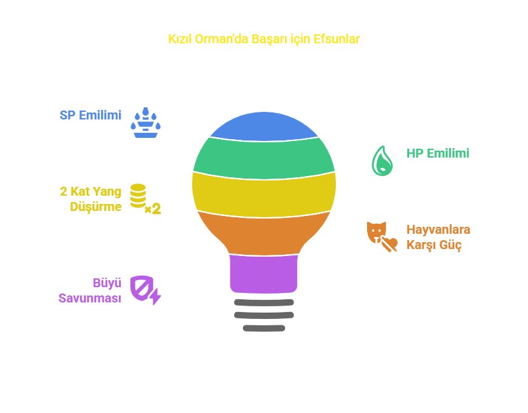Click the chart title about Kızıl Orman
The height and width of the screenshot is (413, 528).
(264, 39)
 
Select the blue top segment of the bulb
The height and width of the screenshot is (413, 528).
(264, 127)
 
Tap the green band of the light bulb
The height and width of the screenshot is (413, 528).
(264, 158)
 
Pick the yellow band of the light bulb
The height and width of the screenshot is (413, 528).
(264, 195)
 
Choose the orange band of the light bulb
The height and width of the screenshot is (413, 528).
(264, 234)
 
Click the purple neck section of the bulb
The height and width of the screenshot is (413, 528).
(263, 274)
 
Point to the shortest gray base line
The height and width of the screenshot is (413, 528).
(264, 328)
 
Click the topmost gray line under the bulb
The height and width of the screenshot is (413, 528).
(264, 302)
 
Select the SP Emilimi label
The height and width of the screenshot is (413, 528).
(90, 116)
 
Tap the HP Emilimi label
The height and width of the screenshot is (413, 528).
(438, 153)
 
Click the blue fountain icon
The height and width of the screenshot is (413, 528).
(146, 123)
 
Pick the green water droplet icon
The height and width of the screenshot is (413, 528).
(382, 161)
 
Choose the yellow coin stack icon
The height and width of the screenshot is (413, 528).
(146, 199)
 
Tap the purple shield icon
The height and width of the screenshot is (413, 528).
(146, 290)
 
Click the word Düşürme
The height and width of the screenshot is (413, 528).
(95, 207)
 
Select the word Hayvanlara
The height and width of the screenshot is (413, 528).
(438, 230)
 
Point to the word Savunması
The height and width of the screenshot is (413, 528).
(90, 299)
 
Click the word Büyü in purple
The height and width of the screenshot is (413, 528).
(107, 283)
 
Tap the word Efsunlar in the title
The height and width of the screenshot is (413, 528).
(337, 39)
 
